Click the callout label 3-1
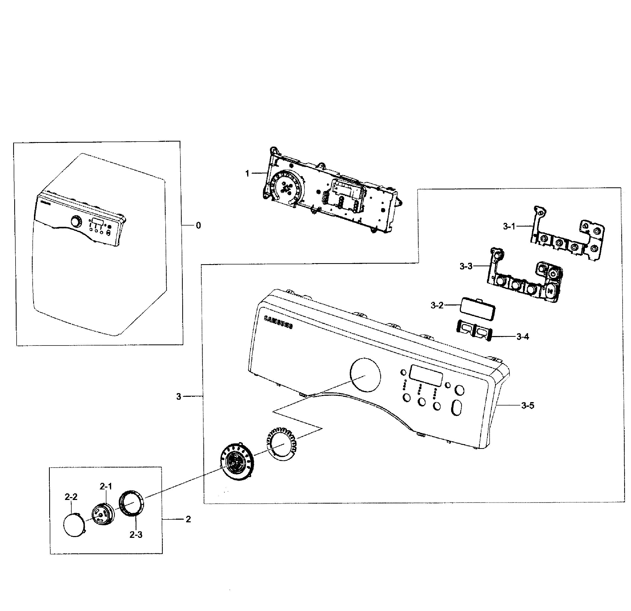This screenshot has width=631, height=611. pyautogui.click(x=509, y=227)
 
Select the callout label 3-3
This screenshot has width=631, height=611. pyautogui.click(x=466, y=266)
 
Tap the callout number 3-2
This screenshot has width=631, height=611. pyautogui.click(x=437, y=305)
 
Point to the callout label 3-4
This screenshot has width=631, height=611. pyautogui.click(x=522, y=337)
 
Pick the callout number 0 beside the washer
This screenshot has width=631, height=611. pyautogui.click(x=198, y=226)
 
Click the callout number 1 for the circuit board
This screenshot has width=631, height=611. pyautogui.click(x=247, y=173)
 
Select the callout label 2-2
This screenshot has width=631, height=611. pyautogui.click(x=71, y=497)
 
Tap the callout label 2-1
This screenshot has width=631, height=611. pyautogui.click(x=106, y=487)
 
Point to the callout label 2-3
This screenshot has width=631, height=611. pyautogui.click(x=136, y=534)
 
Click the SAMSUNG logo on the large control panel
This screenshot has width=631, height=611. pyautogui.click(x=278, y=322)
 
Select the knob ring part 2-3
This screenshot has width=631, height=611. pyautogui.click(x=132, y=504)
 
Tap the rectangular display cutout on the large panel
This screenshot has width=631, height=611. pyautogui.click(x=426, y=375)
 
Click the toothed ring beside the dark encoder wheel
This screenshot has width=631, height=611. pyautogui.click(x=282, y=444)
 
